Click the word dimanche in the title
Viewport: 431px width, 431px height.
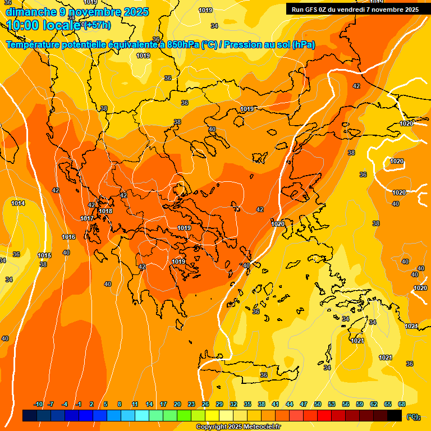30,11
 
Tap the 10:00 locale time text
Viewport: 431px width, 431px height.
43,25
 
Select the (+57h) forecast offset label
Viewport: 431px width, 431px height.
97,25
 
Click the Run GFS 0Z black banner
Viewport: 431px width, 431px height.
355,9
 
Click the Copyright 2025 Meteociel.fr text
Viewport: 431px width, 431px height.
238,427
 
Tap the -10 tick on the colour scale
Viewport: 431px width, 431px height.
38,405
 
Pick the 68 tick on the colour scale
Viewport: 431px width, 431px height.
402,405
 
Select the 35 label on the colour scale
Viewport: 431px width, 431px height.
247,405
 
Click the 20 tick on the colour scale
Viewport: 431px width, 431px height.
177,405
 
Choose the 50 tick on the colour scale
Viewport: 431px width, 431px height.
318,405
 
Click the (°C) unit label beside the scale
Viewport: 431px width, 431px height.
412,416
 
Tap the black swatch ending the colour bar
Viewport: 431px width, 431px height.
395,416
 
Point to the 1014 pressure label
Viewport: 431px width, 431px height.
18,203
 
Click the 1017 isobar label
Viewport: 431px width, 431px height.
87,218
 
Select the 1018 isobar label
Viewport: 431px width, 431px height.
106,212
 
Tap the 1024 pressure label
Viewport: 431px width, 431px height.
411,326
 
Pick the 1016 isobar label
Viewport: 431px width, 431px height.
68,237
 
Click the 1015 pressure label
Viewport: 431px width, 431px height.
45,256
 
